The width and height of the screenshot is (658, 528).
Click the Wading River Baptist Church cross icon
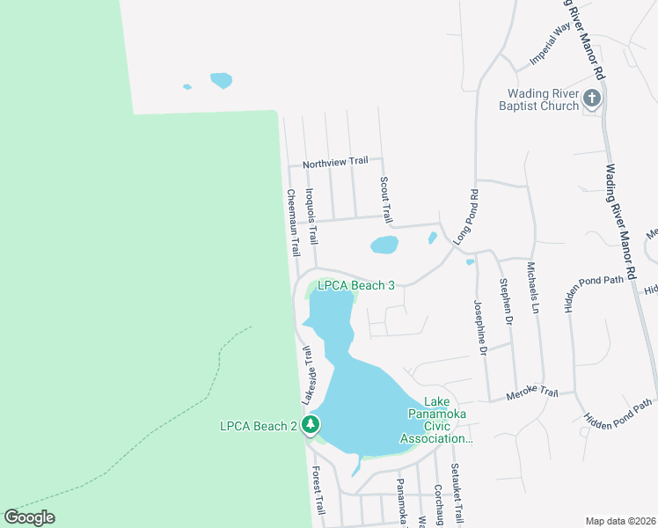click(591, 98)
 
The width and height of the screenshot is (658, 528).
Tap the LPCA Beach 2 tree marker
click(310, 426)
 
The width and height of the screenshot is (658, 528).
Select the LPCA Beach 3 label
click(351, 285)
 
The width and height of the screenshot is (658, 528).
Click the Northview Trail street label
click(335, 162)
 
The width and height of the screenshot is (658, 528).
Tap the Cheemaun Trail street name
click(291, 224)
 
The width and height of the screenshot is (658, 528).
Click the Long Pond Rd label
click(465, 217)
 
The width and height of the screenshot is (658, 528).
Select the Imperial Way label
click(552, 45)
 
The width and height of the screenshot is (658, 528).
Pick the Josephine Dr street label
click(479, 327)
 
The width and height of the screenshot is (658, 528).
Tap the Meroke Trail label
click(532, 393)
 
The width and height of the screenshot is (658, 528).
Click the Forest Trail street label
click(318, 490)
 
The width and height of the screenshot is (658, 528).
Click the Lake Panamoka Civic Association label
click(437, 426)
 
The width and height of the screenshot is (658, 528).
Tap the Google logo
click(29, 517)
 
